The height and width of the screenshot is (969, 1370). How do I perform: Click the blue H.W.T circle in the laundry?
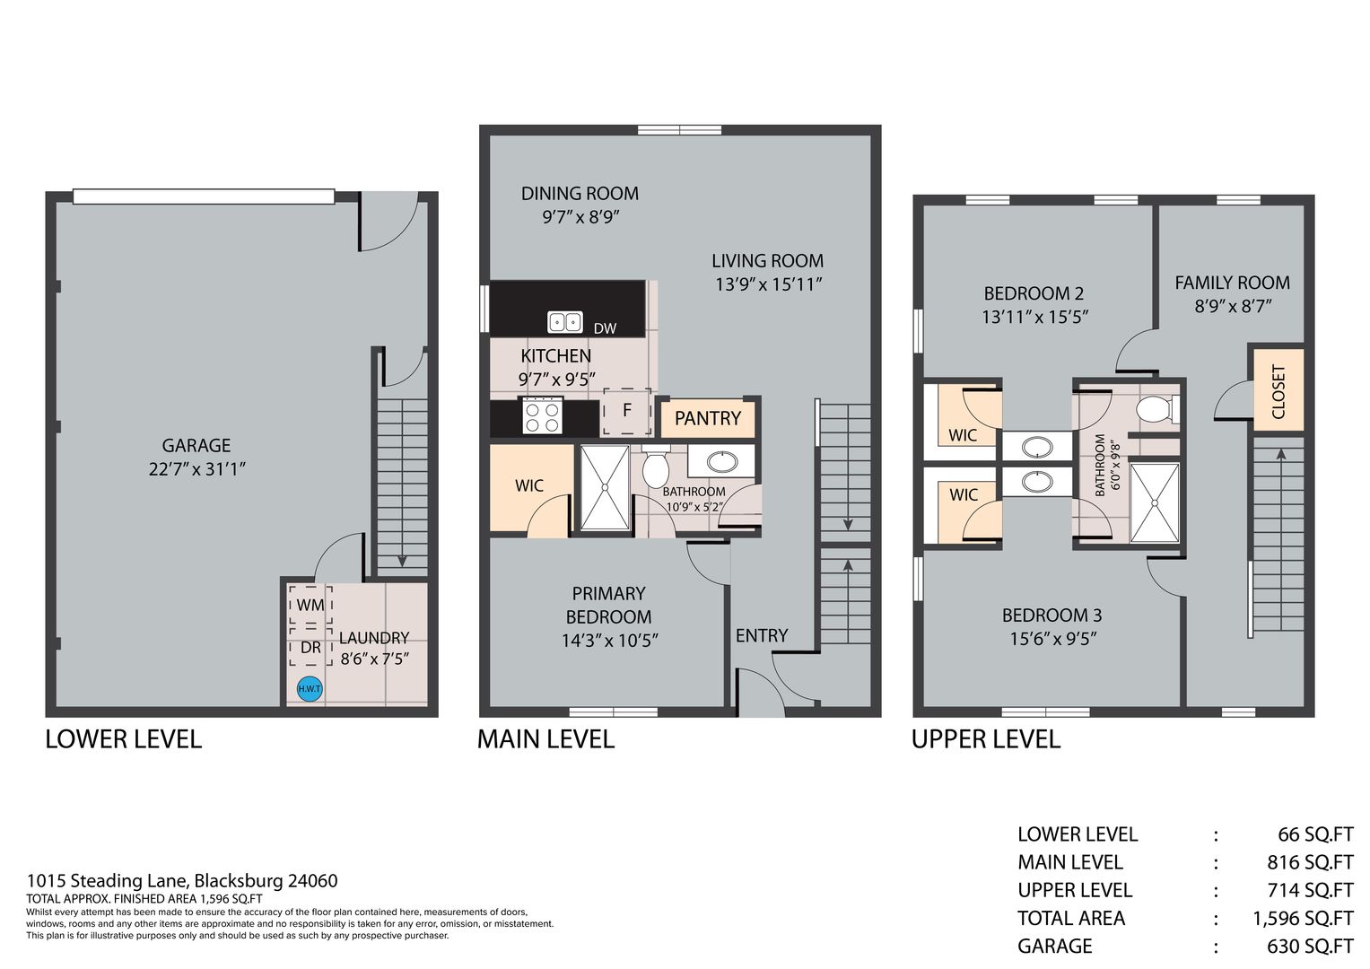[310, 689]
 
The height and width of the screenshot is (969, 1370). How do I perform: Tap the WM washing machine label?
[310, 605]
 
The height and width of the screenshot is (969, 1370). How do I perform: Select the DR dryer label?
[310, 647]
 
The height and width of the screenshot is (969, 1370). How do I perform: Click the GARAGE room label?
[196, 445]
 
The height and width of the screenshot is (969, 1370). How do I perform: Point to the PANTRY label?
[708, 418]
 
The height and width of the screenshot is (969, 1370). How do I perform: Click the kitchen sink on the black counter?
[564, 321]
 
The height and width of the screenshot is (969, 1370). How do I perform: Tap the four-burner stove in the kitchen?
[542, 416]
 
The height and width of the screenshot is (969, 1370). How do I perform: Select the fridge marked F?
[627, 411]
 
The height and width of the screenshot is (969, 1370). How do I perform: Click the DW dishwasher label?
[605, 328]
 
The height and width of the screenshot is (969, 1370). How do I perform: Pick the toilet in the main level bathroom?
[656, 467]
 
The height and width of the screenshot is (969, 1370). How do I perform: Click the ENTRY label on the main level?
[762, 636]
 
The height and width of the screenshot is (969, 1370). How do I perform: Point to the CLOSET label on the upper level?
[1278, 391]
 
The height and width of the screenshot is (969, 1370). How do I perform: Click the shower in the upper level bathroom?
[1155, 502]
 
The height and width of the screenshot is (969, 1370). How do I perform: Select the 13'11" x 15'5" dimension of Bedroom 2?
[1034, 317]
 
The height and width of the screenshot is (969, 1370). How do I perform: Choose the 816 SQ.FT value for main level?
[1310, 862]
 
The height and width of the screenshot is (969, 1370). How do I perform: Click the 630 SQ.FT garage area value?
[1310, 946]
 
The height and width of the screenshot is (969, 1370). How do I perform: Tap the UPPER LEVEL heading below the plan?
[986, 739]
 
